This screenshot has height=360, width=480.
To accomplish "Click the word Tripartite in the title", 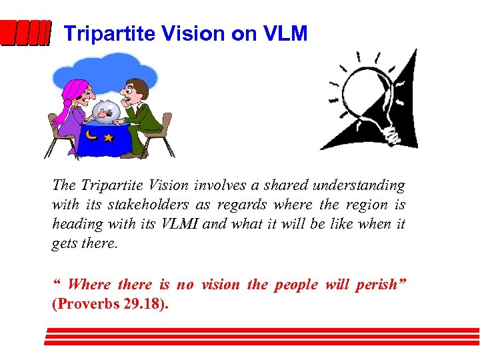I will (100, 33).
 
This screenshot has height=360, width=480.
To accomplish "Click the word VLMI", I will (178, 224).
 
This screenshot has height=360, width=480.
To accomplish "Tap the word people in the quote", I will (295, 285).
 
